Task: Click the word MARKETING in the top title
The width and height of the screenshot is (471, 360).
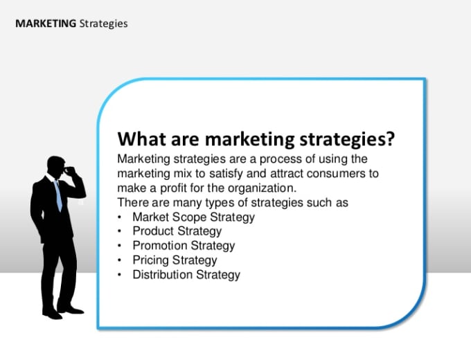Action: pos(46,24)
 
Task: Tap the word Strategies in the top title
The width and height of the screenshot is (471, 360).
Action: pos(104,24)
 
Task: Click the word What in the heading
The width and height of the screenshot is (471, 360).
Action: pos(141,139)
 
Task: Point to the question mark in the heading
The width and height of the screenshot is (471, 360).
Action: pos(389,138)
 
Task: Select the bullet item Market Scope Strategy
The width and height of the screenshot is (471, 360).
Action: pos(193,217)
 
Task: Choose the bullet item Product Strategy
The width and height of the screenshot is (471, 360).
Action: pos(177,231)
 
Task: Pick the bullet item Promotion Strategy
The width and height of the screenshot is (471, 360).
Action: pos(184,246)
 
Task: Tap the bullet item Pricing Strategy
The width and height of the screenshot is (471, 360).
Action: pos(175,260)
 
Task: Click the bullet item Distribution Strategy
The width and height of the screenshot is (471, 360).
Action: pos(186,275)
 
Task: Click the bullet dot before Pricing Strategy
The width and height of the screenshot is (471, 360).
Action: pos(120,260)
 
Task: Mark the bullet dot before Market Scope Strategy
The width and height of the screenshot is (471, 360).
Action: pos(120,217)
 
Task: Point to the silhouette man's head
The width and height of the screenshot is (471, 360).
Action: pos(56,167)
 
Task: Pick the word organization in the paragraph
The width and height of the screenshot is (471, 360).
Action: pos(262,188)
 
